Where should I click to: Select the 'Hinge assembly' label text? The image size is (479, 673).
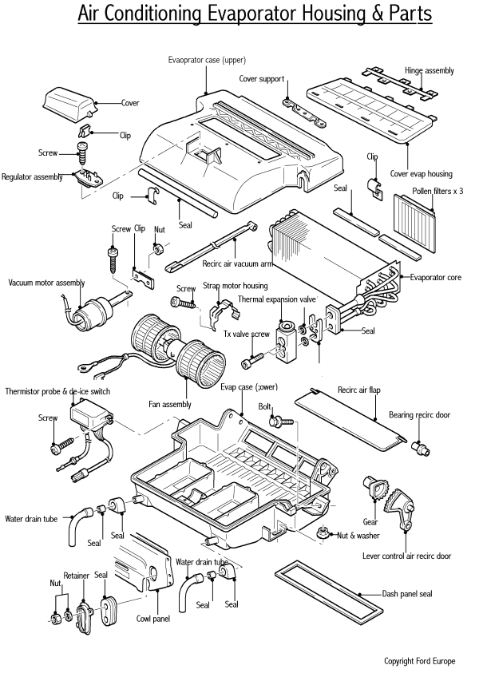(430, 71)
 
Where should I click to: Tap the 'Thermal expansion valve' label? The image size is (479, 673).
(277, 299)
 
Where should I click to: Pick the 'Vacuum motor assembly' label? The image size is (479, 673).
(46, 283)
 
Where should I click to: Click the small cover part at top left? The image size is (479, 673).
(69, 102)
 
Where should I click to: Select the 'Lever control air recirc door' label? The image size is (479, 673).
(406, 556)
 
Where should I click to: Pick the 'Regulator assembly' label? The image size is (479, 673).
(32, 176)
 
